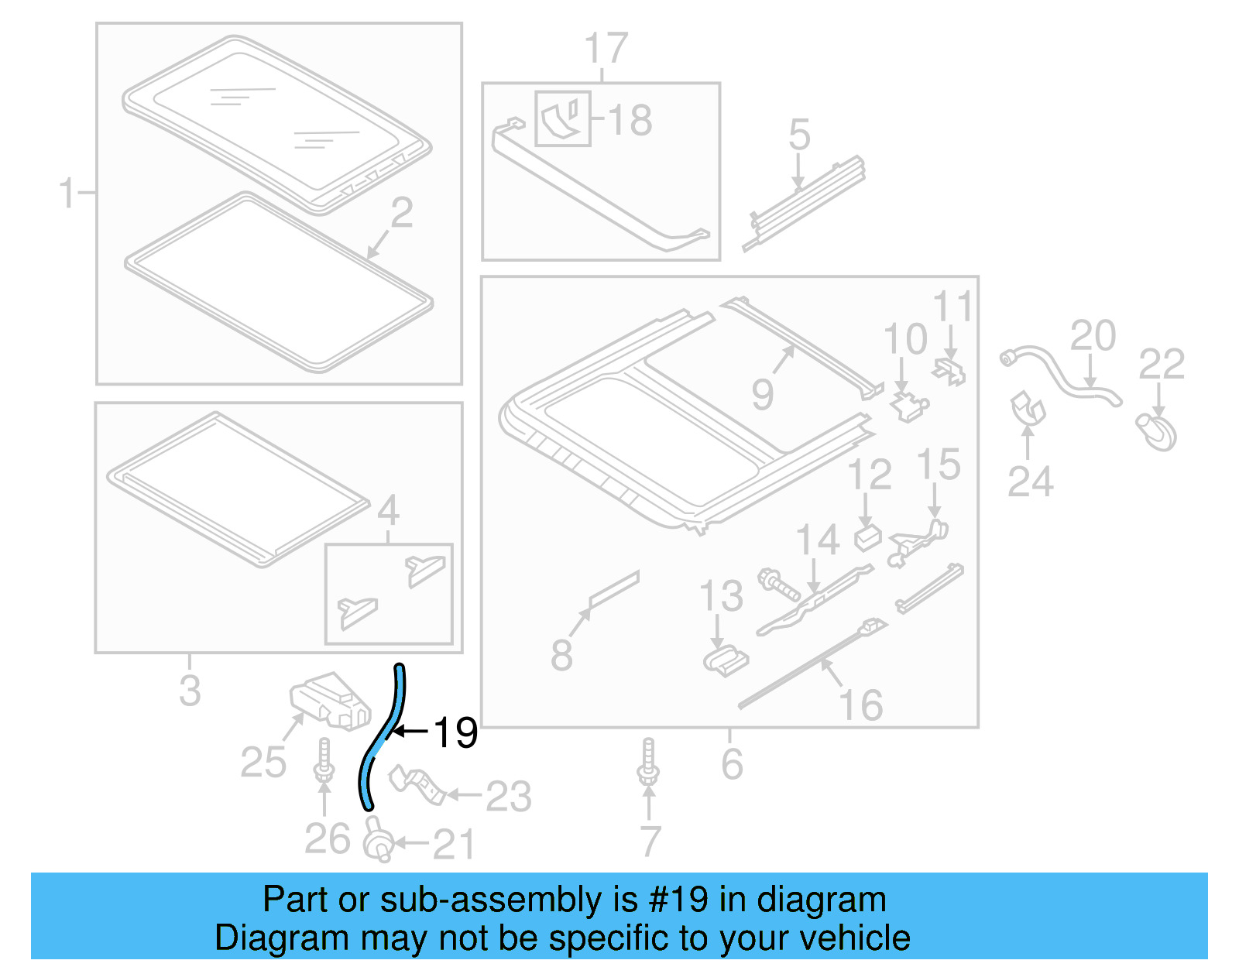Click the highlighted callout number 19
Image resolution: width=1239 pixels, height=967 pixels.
tap(455, 732)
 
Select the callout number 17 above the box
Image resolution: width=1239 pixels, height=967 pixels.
tap(606, 49)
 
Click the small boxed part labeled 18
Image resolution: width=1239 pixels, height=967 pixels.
tap(563, 118)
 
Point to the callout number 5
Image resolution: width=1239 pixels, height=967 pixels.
tap(799, 135)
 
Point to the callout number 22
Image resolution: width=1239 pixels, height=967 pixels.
tap(1161, 364)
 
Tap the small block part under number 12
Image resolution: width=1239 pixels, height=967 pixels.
tap(867, 537)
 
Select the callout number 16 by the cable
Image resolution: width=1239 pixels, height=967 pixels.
tap(860, 705)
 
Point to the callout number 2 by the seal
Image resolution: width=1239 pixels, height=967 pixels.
tap(402, 212)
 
